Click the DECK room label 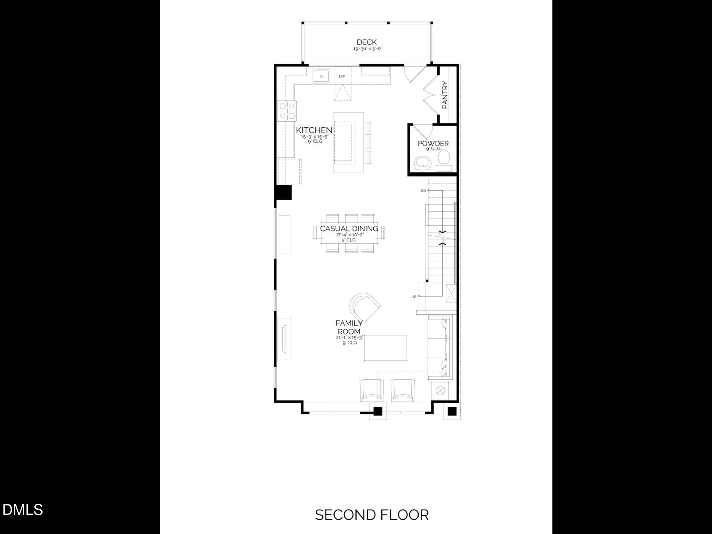coord(366,42)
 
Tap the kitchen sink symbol coord(322,76)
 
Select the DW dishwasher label coord(342,76)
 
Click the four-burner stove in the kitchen coord(287,111)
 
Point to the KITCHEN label coord(314,130)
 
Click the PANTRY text coord(445,95)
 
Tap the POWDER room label coord(433,143)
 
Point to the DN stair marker coord(423,191)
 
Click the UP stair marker coord(414,297)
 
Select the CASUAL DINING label coord(349,228)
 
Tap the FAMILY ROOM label coord(349,327)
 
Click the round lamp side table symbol coord(440,391)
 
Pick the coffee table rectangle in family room coord(385,348)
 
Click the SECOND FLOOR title coord(372,515)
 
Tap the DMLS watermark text coord(23,510)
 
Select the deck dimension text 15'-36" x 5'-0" coord(368,49)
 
